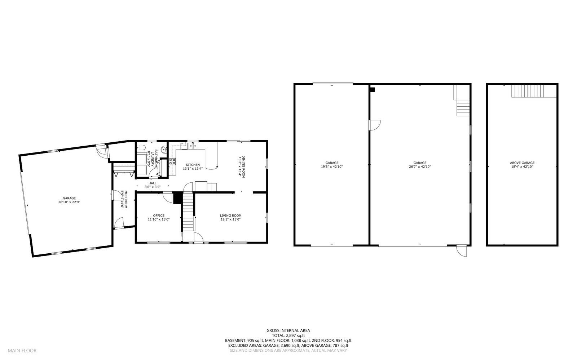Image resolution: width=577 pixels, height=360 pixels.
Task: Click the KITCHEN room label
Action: coord(193,165)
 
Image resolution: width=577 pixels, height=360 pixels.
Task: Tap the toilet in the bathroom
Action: coord(141,147)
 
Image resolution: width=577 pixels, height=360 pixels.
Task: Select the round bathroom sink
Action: coord(164,150)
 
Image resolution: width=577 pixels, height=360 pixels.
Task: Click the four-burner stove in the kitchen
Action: coord(172,161)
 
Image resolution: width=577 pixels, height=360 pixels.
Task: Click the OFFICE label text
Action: coord(159,215)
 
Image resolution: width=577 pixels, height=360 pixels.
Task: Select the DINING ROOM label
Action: coord(244,166)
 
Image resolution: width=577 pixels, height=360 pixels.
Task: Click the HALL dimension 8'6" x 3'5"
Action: coord(152,187)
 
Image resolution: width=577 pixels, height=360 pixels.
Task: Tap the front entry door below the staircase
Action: coord(198,238)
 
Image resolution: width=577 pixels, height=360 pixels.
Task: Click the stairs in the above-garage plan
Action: coord(527,91)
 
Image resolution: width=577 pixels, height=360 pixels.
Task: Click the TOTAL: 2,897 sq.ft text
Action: coord(288,335)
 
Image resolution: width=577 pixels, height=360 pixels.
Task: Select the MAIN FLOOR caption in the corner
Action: coord(22,350)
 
